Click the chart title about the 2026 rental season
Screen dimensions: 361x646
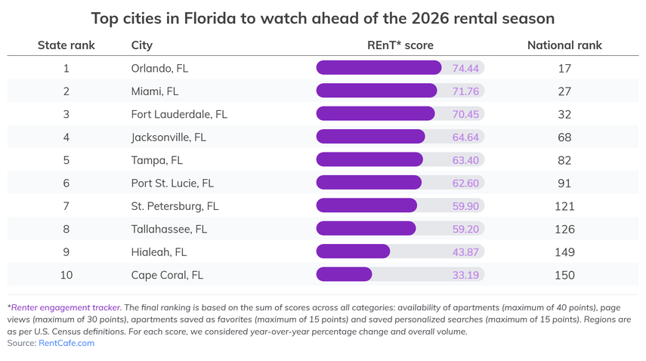323,17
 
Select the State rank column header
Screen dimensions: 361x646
66,45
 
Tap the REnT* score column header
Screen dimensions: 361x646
400,45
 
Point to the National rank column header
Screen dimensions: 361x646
564,45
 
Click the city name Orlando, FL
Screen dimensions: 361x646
159,68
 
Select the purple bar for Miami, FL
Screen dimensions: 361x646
376,91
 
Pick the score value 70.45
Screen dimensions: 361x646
465,114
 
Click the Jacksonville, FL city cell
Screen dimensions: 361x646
168,137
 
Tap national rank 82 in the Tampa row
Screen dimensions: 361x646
564,160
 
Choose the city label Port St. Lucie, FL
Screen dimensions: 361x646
172,183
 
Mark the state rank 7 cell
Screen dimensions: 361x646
66,205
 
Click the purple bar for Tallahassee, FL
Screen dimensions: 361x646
366,228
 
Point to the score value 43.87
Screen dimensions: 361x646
465,251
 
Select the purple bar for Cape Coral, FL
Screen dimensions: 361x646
344,274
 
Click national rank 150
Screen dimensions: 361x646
564,275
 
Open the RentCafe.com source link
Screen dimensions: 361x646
66,343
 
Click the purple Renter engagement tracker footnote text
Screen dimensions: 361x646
66,307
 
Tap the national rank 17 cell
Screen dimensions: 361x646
564,68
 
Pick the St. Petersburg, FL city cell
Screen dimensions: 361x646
175,205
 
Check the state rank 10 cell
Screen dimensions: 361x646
66,275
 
